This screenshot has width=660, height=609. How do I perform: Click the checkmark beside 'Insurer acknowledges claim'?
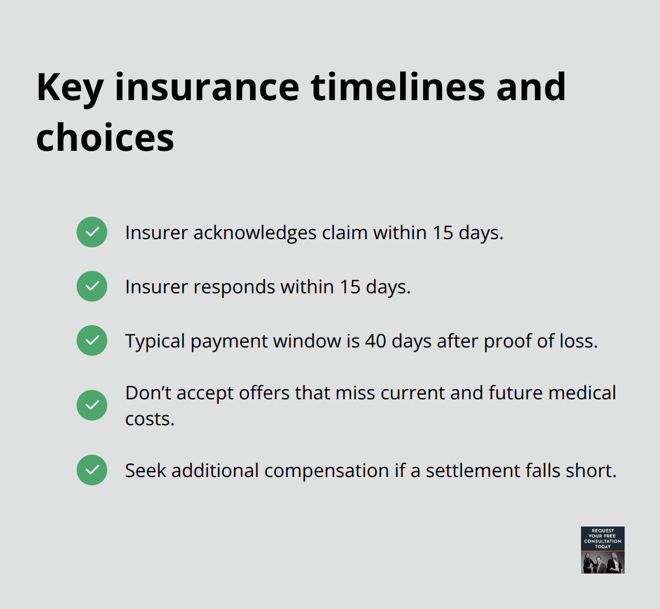tap(92, 232)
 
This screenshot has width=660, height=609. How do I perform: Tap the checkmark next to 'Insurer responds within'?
tap(92, 286)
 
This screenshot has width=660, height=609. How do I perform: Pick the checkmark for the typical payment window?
tap(92, 340)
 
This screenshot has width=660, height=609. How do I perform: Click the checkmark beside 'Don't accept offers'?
tap(92, 406)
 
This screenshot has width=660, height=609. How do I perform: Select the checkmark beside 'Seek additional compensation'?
tap(92, 470)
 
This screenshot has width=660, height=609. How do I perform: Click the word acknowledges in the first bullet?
tap(255, 233)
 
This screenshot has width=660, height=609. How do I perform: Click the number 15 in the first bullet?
tap(444, 233)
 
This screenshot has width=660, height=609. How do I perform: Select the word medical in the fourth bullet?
tap(581, 392)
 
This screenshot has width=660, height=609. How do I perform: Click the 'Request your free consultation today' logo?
tap(602, 550)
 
